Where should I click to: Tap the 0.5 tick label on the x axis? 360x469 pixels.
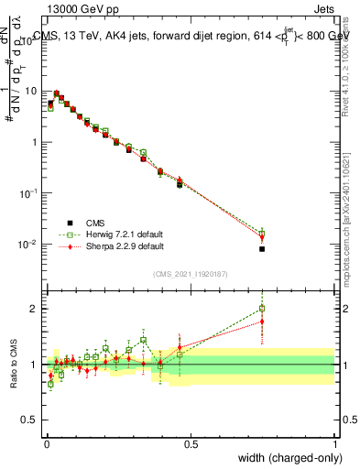coord(191,443)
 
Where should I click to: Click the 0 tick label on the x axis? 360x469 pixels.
coord(46,443)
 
